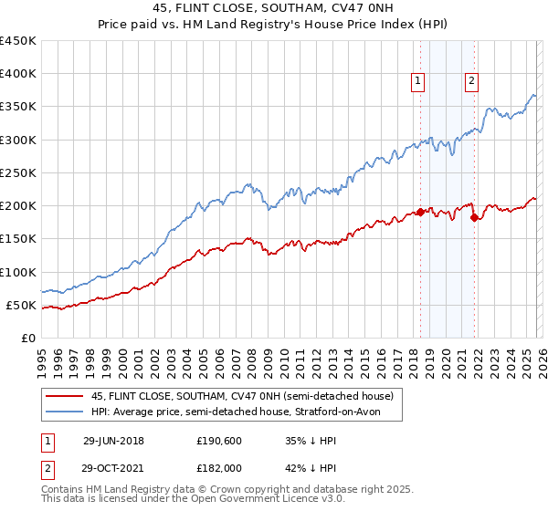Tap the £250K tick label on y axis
click(x=18, y=172)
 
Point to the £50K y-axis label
click(x=22, y=305)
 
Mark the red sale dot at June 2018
click(x=420, y=212)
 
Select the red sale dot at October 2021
click(x=474, y=217)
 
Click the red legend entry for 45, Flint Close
click(x=242, y=396)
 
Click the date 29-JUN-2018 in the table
click(x=113, y=440)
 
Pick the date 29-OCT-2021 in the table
click(x=113, y=467)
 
